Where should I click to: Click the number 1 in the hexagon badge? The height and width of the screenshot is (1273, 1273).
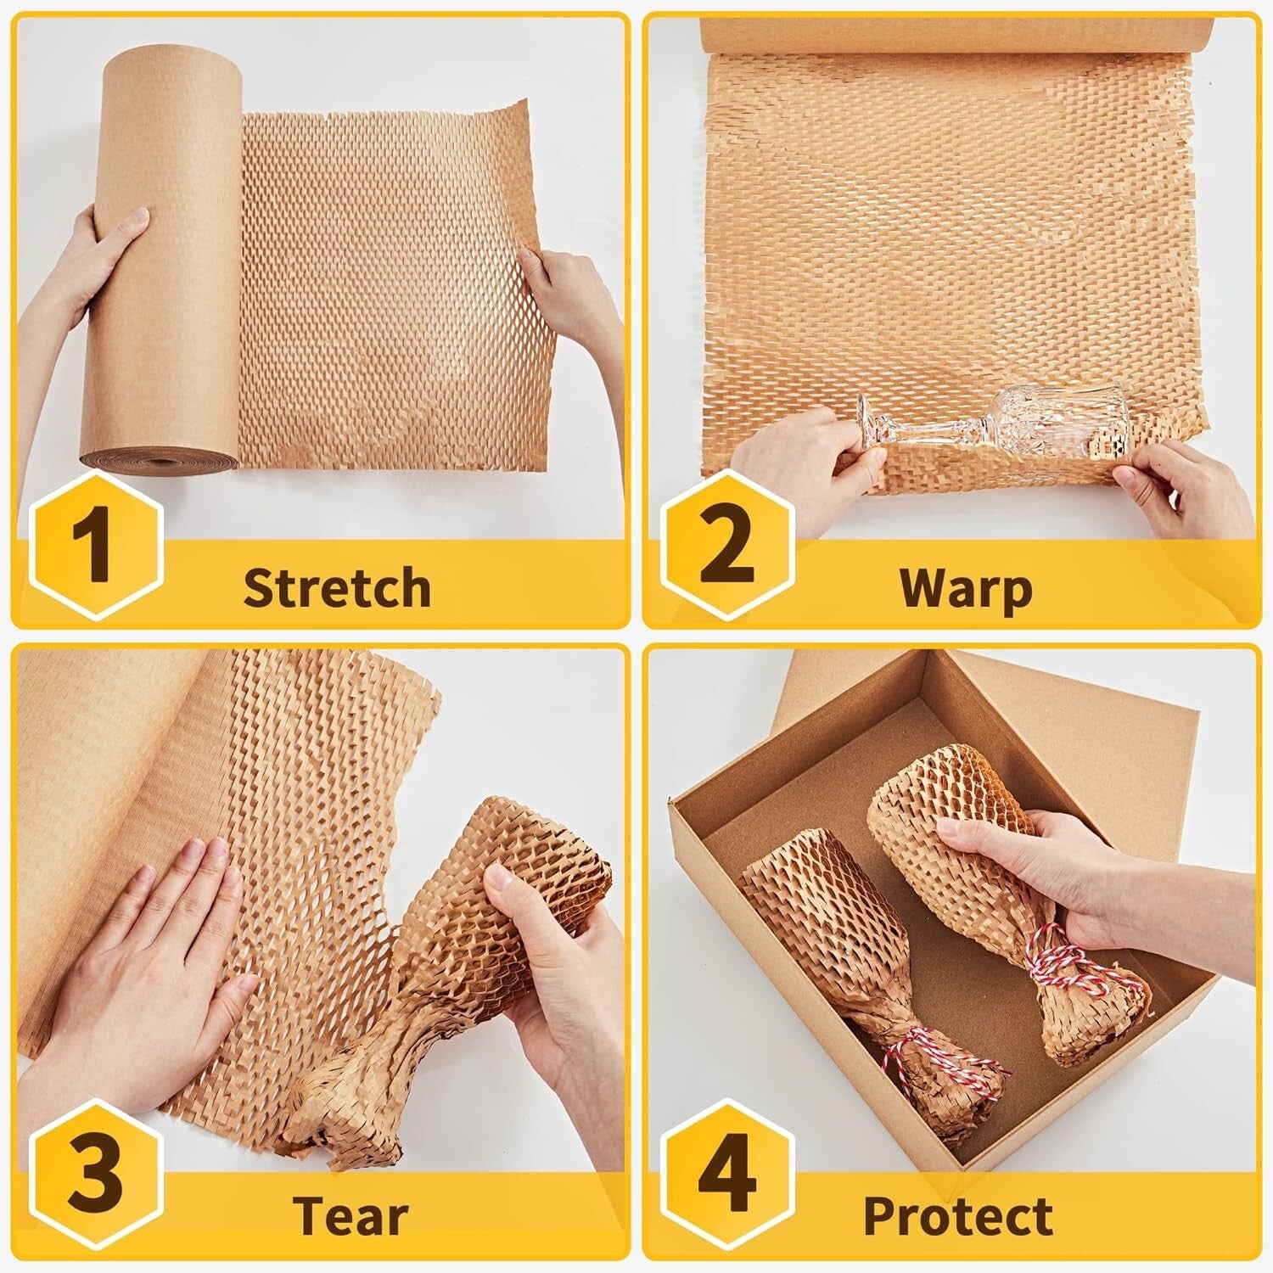point(92,543)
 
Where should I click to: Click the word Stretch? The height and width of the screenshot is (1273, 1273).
point(337,587)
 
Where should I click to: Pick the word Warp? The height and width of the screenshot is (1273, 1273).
point(966,587)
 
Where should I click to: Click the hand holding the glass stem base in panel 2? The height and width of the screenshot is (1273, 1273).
point(798,458)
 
